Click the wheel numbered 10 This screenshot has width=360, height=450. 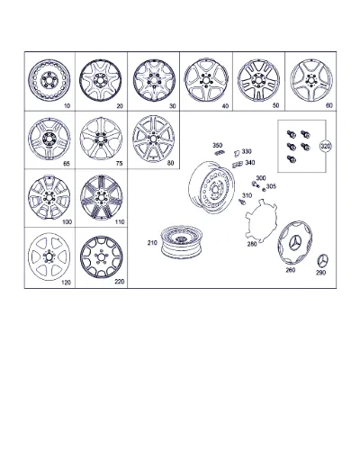tap(49, 80)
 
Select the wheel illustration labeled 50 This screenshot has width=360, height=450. tap(258, 80)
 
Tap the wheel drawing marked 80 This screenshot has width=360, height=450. tap(154, 139)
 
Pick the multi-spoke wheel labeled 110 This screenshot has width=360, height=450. tap(102, 197)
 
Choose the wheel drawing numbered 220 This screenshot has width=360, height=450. tap(102, 256)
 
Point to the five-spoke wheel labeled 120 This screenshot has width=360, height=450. tap(49, 256)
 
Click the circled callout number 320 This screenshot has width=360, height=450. tap(326, 147)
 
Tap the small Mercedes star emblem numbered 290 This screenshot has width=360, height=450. tap(323, 261)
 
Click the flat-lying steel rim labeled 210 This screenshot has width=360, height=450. tap(182, 242)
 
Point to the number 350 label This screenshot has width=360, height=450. tap(218, 146)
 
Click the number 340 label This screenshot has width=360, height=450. tap(250, 163)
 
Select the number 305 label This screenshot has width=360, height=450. tap(271, 186)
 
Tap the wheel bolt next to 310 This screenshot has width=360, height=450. tap(242, 202)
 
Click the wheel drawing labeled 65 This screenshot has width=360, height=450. tap(49, 139)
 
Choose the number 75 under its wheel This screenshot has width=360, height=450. tap(119, 164)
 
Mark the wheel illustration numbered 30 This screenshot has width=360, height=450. tap(154, 80)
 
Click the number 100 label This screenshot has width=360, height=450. tap(67, 222)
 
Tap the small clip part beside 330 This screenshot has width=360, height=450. tap(237, 153)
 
